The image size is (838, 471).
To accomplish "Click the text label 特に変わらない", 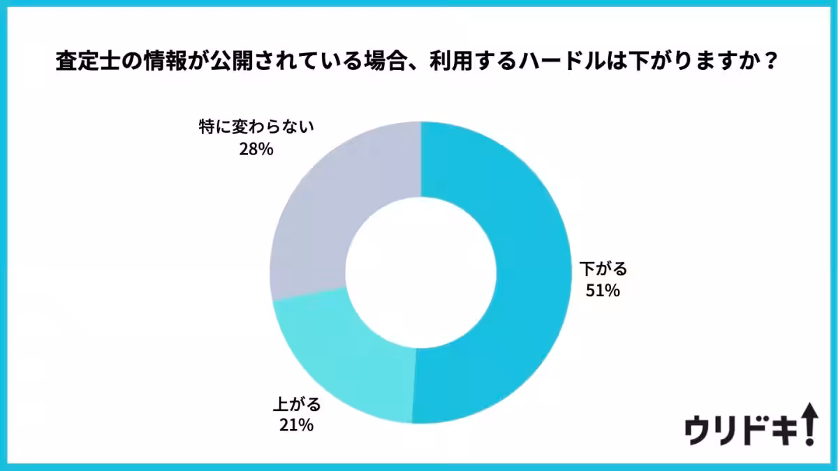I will (x=256, y=128).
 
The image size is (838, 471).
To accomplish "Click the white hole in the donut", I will (x=420, y=273).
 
